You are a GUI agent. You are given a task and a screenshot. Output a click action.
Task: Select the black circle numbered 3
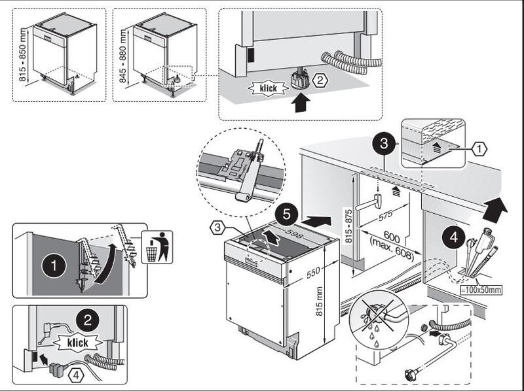click(384, 141)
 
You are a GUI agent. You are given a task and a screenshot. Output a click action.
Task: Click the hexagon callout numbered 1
click(479, 149)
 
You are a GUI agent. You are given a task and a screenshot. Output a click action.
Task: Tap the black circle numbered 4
click(456, 235)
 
